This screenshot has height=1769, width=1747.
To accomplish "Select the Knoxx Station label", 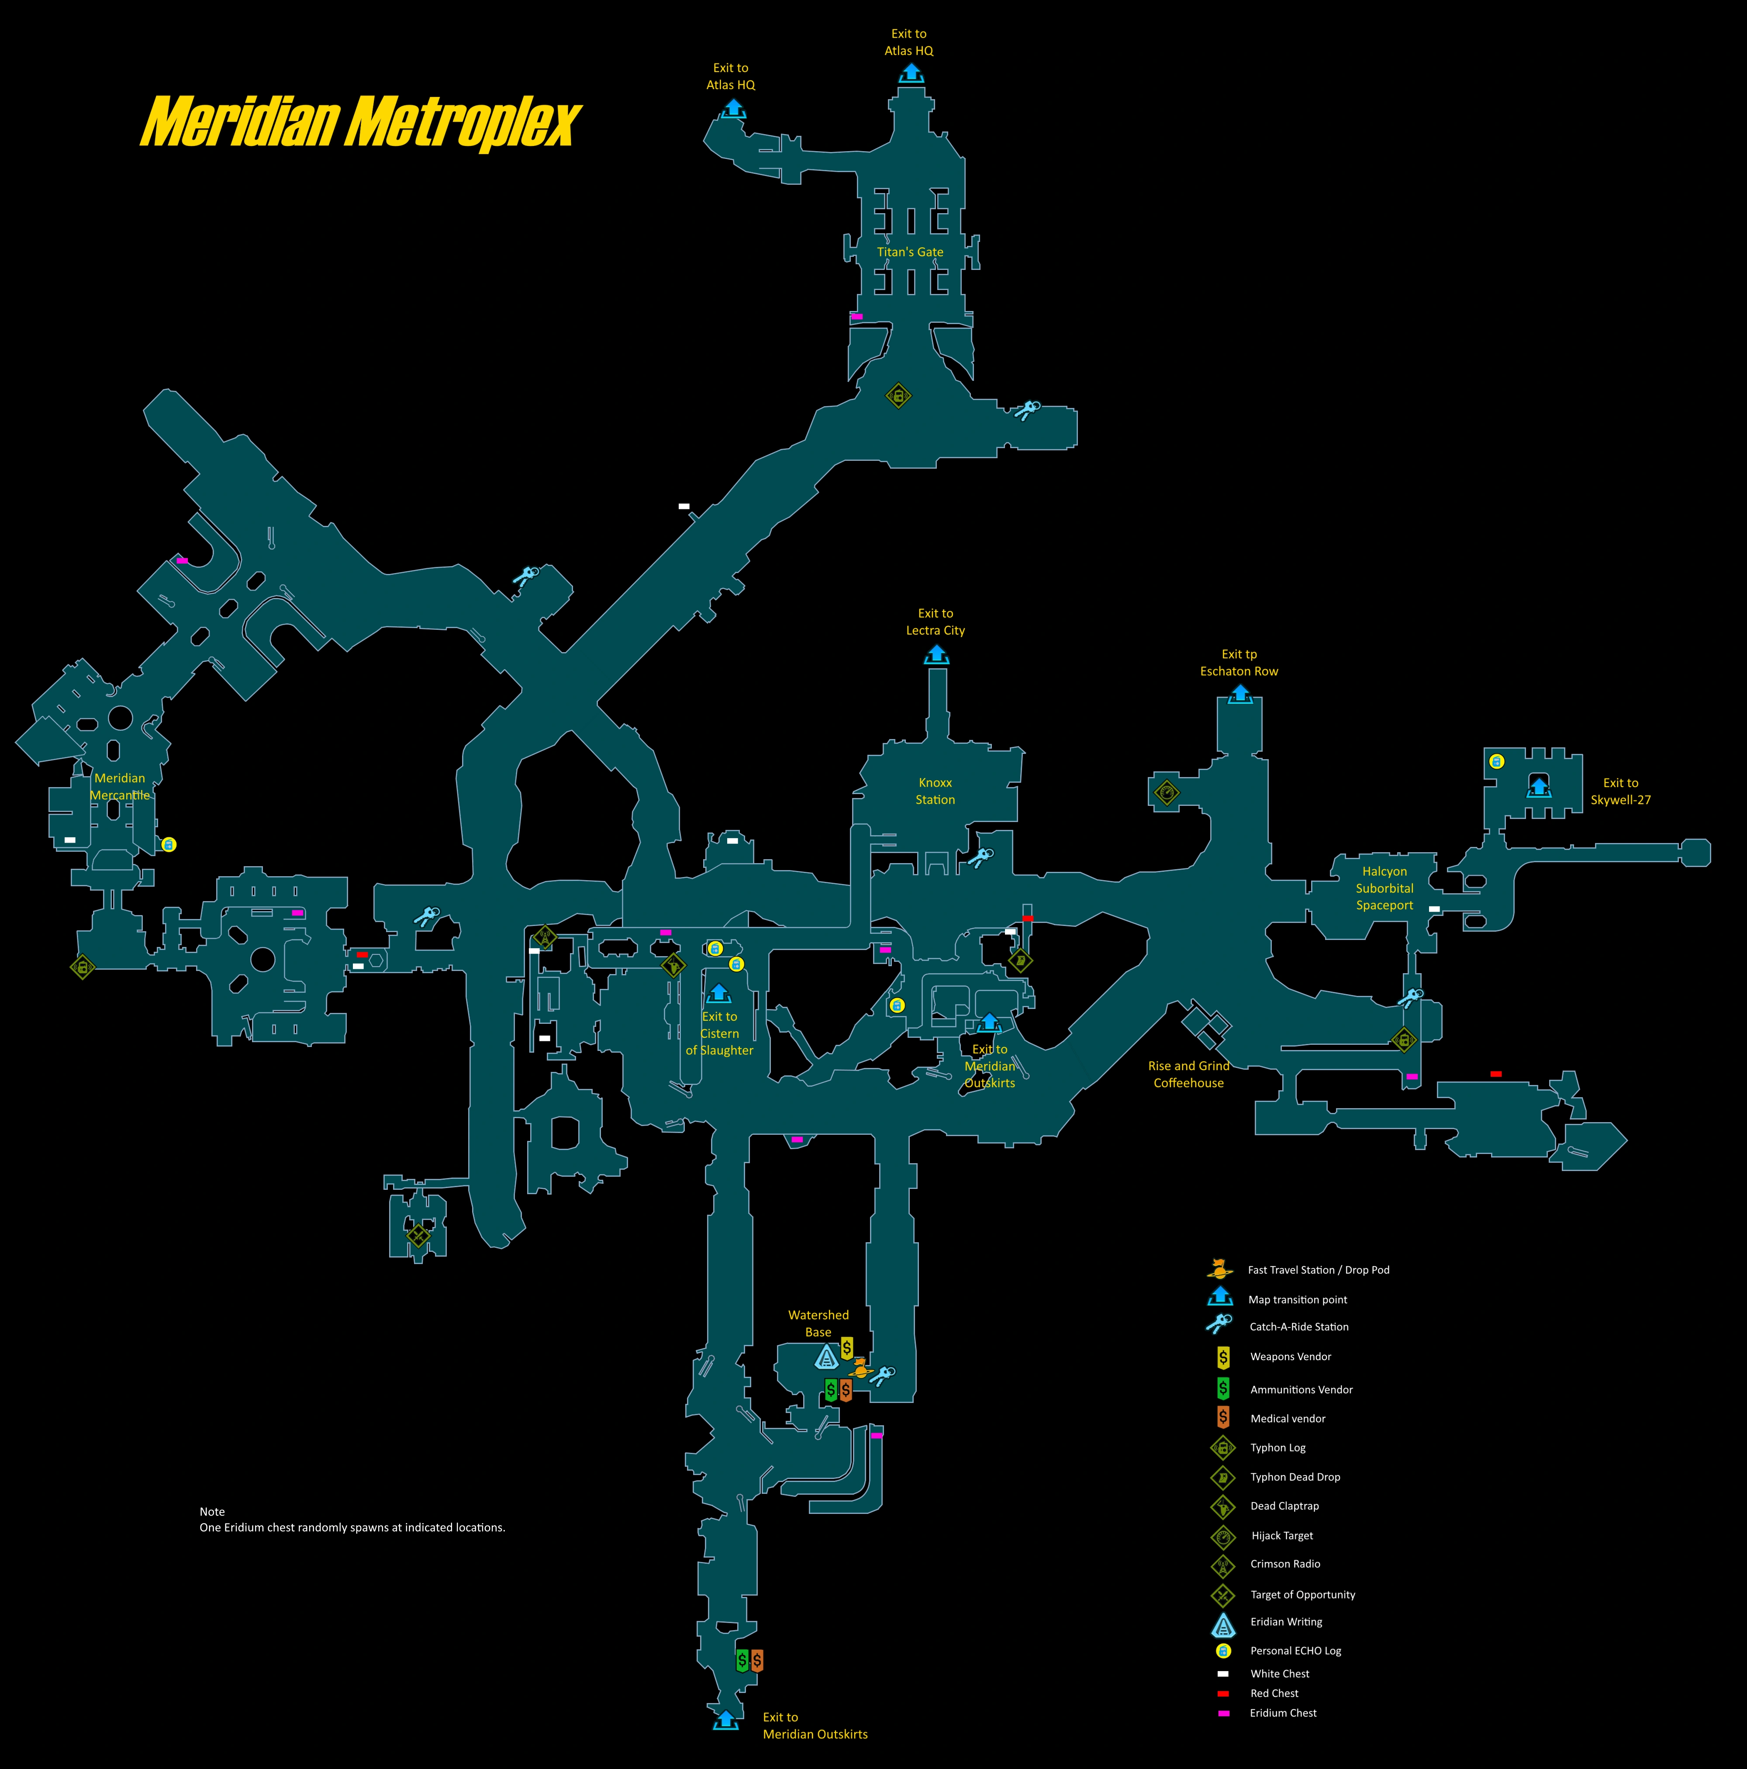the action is click(x=935, y=791).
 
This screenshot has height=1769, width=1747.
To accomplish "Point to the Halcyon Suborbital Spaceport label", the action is click(x=1384, y=888).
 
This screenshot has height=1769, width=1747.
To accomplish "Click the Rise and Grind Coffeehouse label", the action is click(x=1188, y=1074).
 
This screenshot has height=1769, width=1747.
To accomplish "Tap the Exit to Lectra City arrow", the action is click(x=936, y=655).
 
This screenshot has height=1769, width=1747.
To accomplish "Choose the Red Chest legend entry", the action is click(x=1223, y=1693).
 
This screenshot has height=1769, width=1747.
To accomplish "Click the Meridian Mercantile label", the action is click(x=120, y=787).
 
